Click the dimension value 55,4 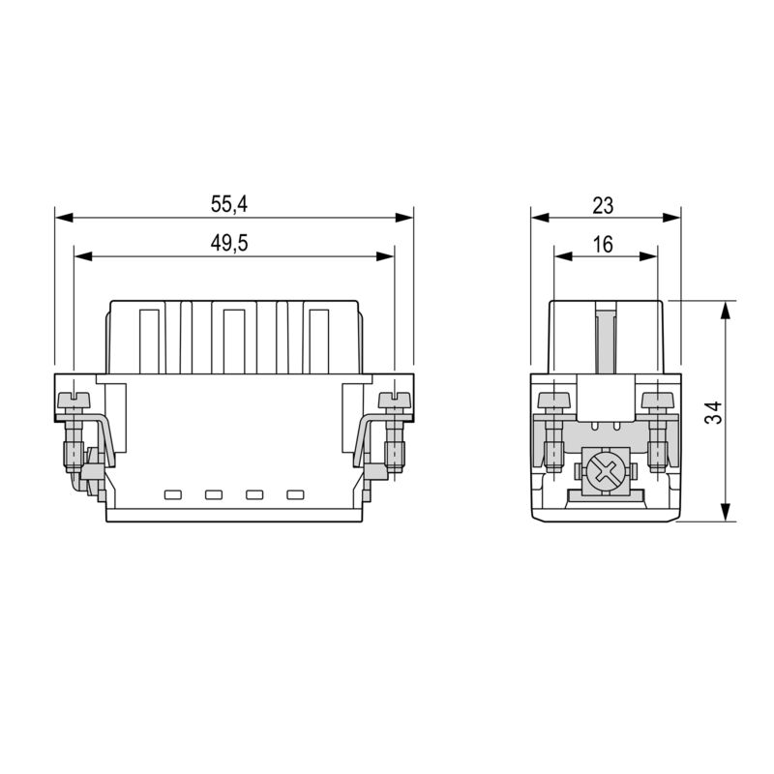[229, 204]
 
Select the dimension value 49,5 [229, 244]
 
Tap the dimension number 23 [603, 204]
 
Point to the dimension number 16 [603, 244]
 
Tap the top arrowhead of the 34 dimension [726, 308]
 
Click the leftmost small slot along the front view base [173, 495]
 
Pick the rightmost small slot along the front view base [295, 495]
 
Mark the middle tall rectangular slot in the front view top [233, 340]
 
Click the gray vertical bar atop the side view [606, 339]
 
